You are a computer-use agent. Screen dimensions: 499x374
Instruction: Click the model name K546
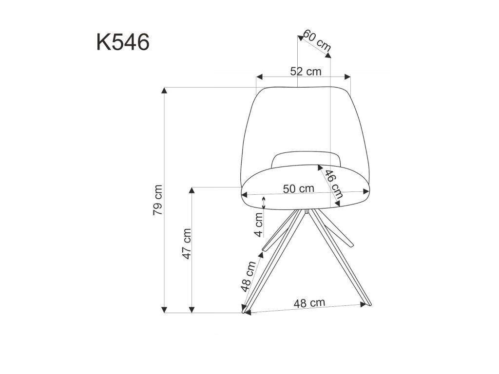point(123,42)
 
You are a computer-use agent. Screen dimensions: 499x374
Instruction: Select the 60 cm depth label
point(317,40)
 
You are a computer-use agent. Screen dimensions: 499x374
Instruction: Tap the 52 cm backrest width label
point(306,72)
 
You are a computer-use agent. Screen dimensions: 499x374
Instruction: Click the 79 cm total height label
point(157,200)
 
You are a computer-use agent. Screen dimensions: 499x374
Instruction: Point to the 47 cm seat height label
point(187,243)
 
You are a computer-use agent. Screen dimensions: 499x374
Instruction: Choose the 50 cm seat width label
point(299,188)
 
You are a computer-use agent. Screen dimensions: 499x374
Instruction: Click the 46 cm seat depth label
point(333,184)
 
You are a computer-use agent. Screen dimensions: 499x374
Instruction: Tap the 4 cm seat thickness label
point(259,224)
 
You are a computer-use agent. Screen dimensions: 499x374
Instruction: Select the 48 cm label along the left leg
point(248,277)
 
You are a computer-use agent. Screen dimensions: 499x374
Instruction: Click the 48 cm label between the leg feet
point(309,303)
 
